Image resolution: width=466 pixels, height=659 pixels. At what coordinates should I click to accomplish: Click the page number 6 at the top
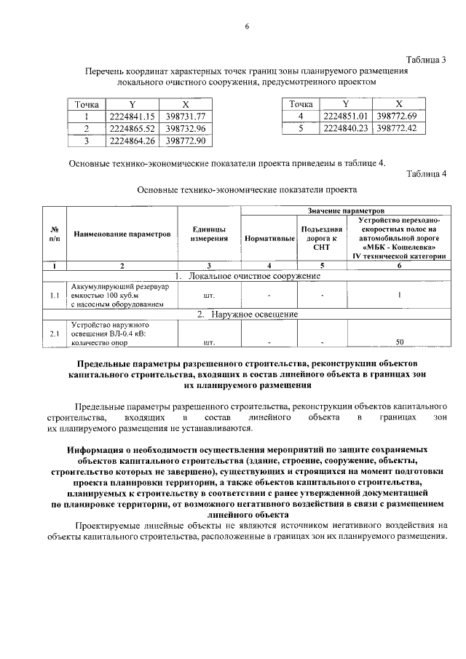247,27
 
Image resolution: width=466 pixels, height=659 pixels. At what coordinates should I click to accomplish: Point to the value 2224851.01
345,117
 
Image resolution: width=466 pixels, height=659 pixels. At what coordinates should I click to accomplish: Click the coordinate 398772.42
399,128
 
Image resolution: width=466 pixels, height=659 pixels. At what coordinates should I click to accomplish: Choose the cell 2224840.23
345,128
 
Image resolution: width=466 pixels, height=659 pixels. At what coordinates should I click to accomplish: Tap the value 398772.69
399,117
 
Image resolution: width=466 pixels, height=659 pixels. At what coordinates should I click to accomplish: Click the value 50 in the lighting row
399,341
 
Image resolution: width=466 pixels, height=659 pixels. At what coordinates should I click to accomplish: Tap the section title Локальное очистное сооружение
248,276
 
